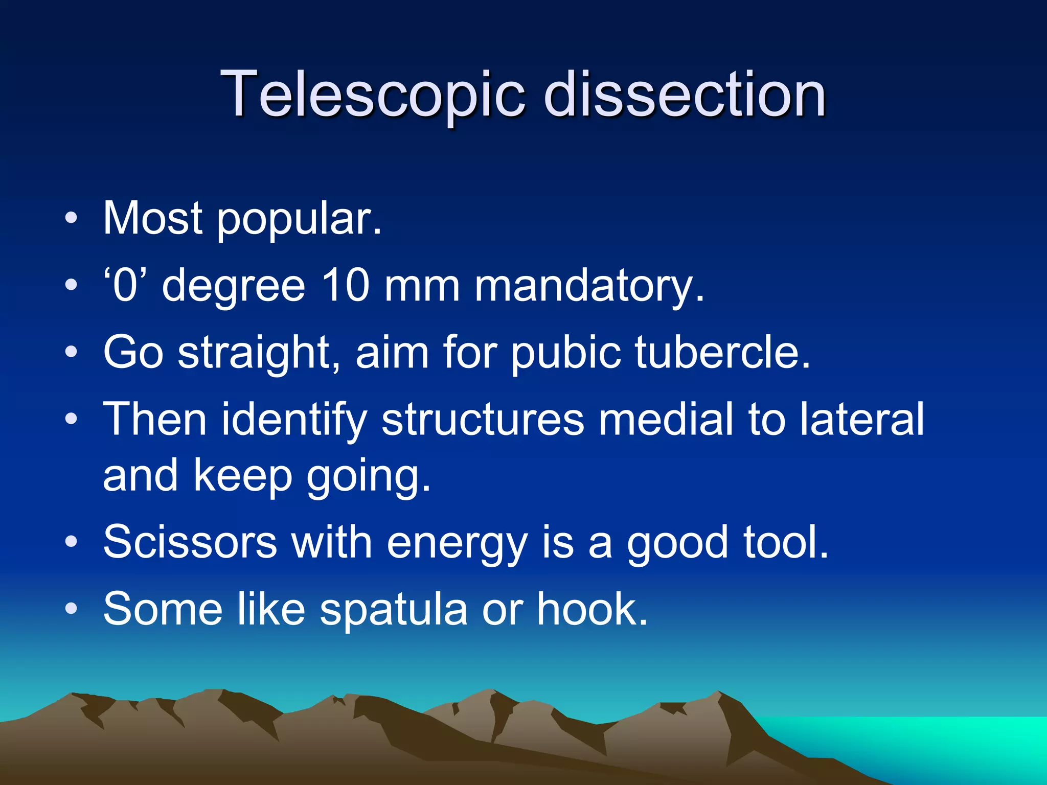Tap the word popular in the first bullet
coord(299,220)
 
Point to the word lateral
coord(862,419)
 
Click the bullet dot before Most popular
coord(72,219)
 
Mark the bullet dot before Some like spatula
coord(72,609)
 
